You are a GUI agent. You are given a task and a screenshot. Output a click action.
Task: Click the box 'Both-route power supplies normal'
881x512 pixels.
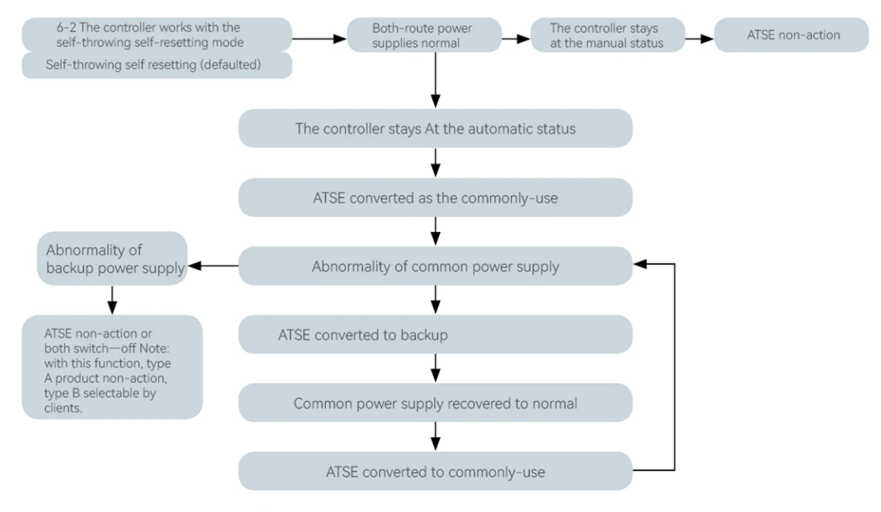424,36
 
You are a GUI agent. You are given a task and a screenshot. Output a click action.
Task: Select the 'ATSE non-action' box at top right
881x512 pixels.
792,35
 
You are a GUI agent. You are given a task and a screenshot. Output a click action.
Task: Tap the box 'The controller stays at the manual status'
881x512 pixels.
607,36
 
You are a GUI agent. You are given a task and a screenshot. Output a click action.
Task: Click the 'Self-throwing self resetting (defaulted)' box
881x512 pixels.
157,66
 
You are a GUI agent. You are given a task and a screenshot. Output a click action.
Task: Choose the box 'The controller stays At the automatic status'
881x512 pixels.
435,128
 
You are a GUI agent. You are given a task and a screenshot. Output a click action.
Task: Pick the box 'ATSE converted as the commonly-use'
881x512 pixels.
435,197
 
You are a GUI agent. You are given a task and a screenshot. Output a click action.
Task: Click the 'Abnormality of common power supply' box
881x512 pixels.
435,267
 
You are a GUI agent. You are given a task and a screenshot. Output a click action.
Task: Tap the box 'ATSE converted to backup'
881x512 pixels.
435,335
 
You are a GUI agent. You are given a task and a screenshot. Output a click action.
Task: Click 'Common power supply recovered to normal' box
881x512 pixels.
435,403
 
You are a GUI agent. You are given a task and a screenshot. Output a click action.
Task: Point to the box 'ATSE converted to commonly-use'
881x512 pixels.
435,471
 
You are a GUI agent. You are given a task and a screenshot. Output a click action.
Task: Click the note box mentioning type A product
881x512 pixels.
112,366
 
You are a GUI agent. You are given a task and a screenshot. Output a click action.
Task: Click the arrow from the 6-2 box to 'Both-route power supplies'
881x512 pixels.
319,39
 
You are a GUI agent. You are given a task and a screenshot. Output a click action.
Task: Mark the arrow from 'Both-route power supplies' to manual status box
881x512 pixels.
516,39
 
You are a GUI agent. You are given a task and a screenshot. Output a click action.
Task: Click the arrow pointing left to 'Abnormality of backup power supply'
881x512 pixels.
213,267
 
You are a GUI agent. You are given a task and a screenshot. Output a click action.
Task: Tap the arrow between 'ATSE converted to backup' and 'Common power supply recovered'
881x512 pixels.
436,370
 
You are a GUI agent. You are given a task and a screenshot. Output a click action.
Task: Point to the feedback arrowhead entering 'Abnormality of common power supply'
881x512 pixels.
640,264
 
